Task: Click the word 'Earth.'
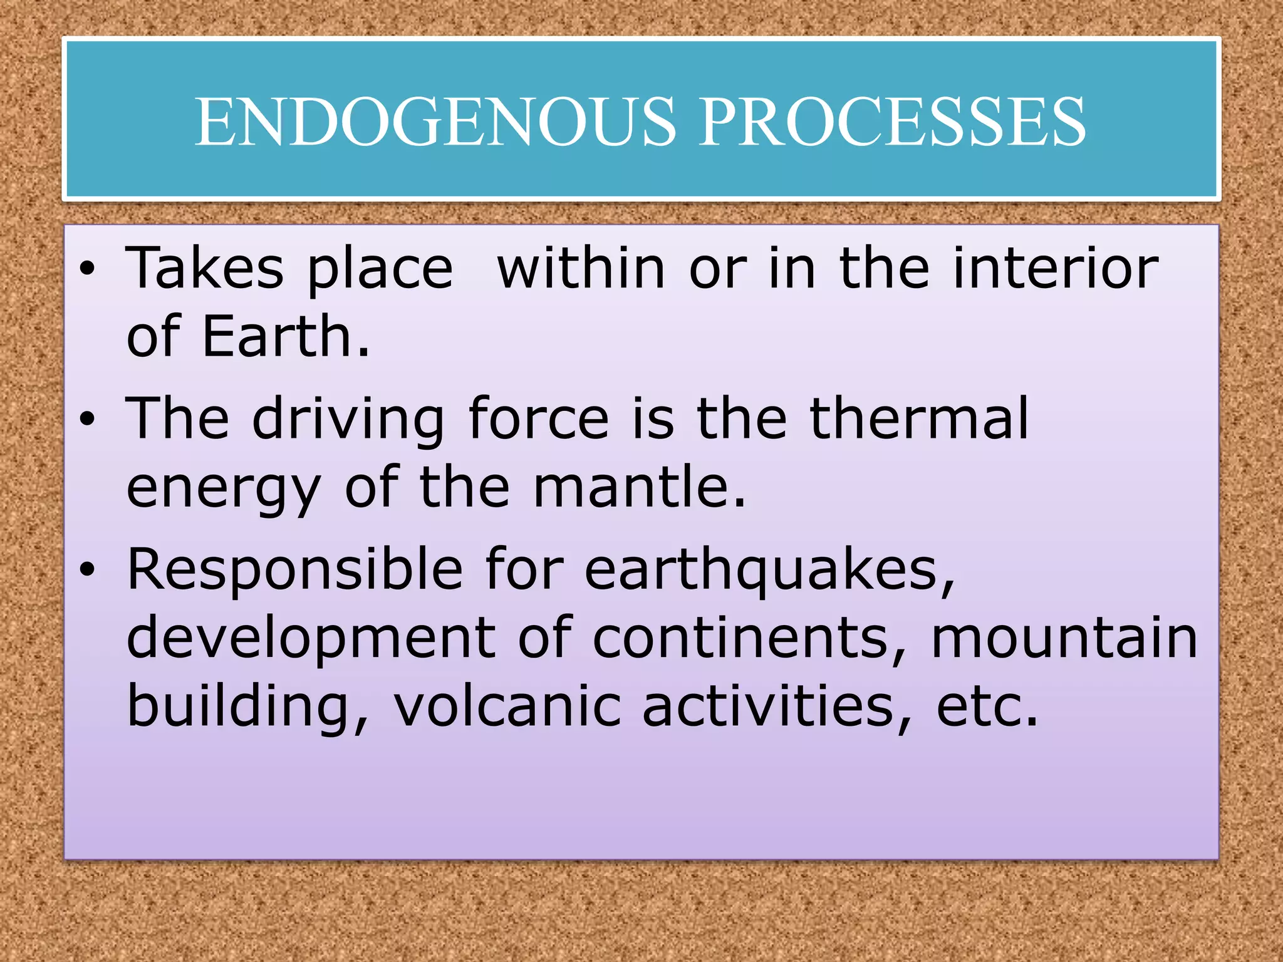[x=286, y=337]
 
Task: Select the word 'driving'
[x=348, y=419]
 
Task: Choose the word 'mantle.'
[x=640, y=487]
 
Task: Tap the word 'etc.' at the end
[x=987, y=708]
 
